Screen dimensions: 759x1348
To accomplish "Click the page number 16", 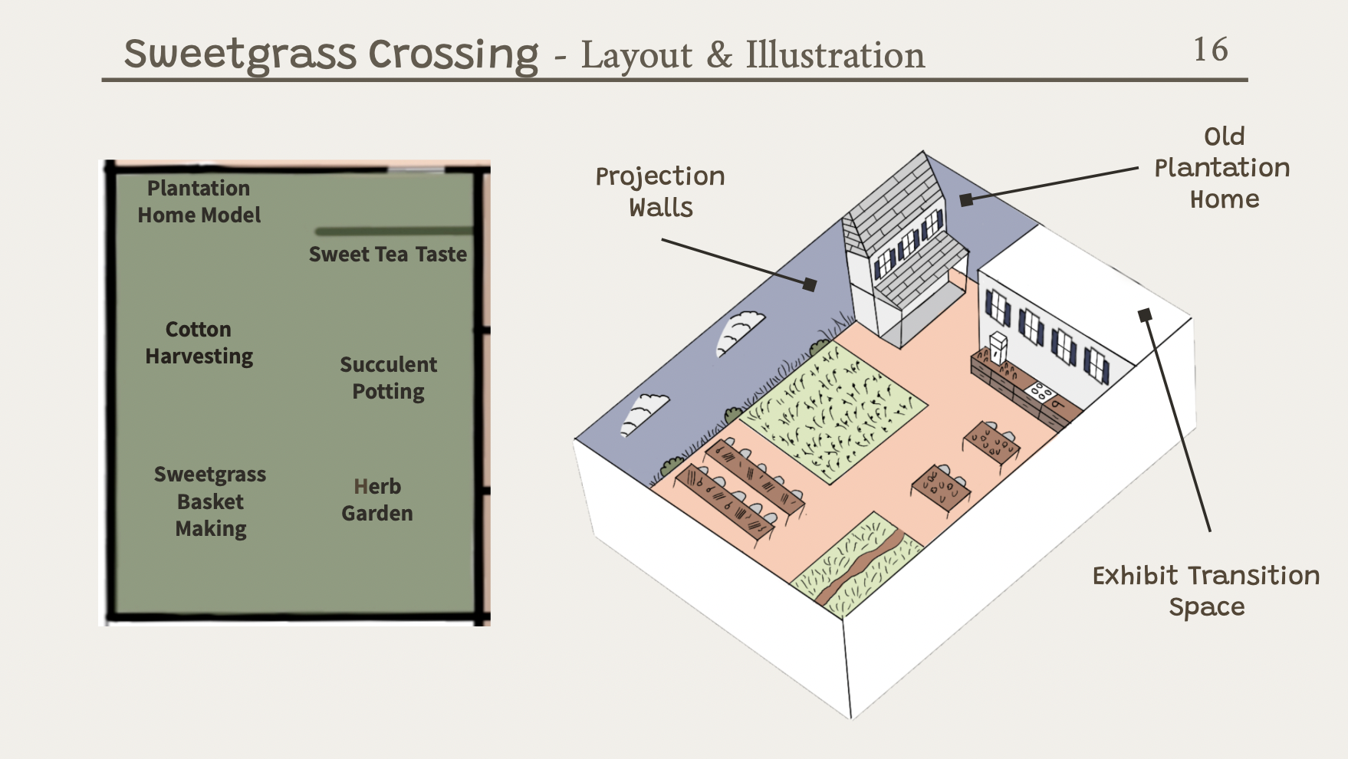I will click(1211, 50).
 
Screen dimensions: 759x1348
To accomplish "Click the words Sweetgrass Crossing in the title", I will click(331, 54).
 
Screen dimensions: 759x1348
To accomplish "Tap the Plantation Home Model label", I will click(199, 202).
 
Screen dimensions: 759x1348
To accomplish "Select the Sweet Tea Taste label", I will click(387, 255).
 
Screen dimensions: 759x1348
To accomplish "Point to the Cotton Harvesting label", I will click(199, 343).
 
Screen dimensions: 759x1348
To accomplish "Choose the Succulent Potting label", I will click(388, 378).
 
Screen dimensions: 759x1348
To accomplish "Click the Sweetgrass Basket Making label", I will click(210, 501).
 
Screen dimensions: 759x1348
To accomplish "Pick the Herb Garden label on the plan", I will click(376, 500).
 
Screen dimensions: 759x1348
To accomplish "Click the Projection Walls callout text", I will click(660, 192).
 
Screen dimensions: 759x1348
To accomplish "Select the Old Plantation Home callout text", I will click(1223, 168).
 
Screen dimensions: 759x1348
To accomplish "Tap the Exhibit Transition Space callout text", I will click(1205, 590).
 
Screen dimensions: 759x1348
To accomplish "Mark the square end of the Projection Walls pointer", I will click(810, 284).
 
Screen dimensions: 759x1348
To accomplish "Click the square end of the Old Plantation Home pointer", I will click(966, 199).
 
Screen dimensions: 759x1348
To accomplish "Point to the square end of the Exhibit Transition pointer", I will click(1145, 314).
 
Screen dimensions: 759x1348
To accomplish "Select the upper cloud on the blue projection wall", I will click(739, 331).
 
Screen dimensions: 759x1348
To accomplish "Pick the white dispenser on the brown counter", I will click(998, 347).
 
